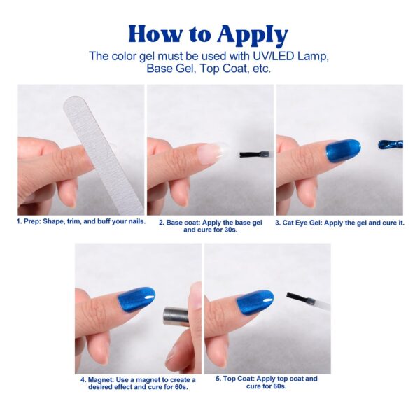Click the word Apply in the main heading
[x=253, y=36]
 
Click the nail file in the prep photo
[x=101, y=155]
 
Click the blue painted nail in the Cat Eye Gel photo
[x=343, y=150]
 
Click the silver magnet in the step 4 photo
[x=176, y=316]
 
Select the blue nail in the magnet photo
[x=136, y=299]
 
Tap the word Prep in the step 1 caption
[x=31, y=222]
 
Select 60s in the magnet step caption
[x=181, y=387]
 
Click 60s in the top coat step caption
[x=279, y=386]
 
